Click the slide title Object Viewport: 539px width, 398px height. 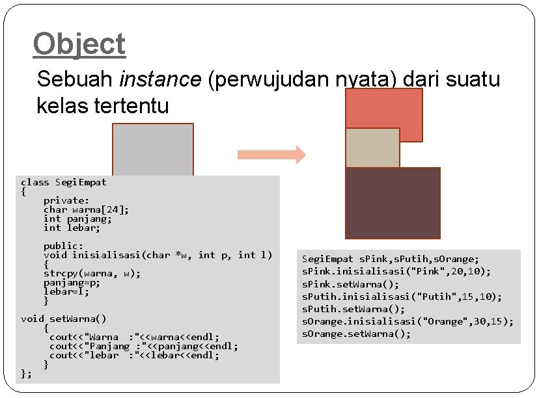click(x=79, y=45)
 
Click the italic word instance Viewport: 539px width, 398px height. click(x=160, y=79)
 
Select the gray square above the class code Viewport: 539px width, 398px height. click(x=153, y=149)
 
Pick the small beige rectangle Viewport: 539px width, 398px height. click(x=372, y=148)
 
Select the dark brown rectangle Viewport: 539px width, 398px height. click(x=393, y=203)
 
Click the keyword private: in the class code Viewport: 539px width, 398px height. click(x=66, y=201)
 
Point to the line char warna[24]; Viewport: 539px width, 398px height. click(x=86, y=209)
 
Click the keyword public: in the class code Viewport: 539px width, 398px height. click(x=63, y=246)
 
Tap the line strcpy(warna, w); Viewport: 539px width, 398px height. click(x=92, y=273)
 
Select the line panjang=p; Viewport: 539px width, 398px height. click(x=72, y=282)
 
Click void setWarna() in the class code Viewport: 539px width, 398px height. click(x=64, y=319)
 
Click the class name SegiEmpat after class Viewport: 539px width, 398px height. click(x=81, y=182)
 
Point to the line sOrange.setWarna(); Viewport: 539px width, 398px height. click(x=356, y=334)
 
